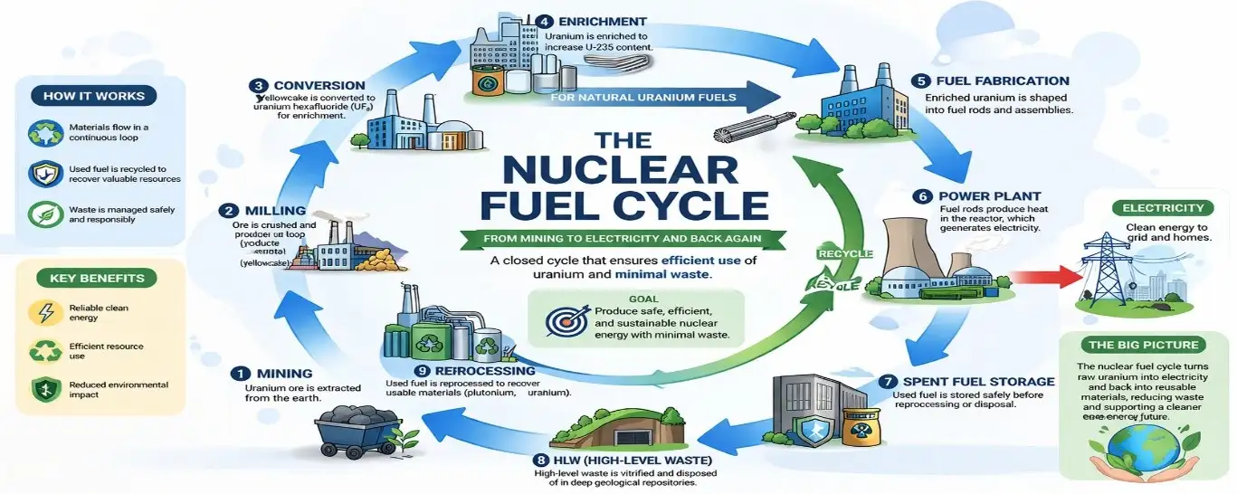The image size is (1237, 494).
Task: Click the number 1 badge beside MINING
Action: tap(240, 373)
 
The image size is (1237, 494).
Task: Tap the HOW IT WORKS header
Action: tap(94, 96)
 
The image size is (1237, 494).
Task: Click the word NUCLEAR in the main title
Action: tap(620, 173)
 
